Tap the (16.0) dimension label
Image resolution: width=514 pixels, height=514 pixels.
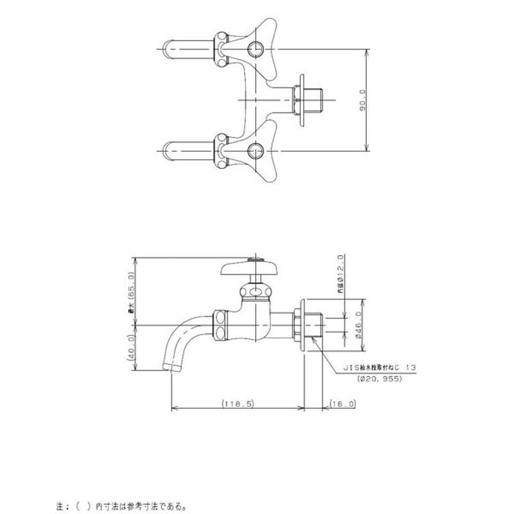[x=342, y=403]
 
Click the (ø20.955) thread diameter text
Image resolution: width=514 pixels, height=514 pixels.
[x=379, y=379]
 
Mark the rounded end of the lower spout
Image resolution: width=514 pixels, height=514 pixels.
[x=168, y=152]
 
